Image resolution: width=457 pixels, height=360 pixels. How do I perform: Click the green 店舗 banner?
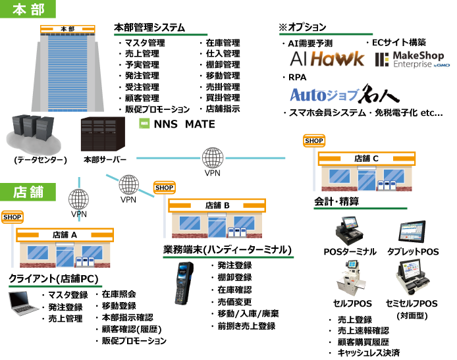coord(28,192)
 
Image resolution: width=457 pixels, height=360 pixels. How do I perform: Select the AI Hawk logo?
coord(326,59)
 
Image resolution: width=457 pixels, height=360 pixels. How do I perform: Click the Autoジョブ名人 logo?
coord(344,95)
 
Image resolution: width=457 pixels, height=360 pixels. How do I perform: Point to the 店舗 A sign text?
coord(65,234)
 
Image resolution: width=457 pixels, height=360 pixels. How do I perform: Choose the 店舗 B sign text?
coord(217,205)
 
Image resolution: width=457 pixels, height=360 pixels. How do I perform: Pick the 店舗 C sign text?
coord(366,158)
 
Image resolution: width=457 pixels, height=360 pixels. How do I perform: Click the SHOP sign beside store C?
coord(314,141)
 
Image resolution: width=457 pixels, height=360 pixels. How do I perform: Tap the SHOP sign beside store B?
coord(164,188)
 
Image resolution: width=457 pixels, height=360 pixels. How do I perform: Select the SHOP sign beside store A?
coord(12,217)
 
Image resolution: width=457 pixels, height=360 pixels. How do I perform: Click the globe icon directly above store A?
coord(78,199)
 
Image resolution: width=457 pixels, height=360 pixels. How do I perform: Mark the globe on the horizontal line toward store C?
coord(213,158)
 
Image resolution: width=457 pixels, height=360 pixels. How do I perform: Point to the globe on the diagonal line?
coord(129,184)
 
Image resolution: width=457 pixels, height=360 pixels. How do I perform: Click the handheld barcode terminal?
coord(184,283)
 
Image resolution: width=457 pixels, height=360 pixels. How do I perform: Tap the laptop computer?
coord(24,301)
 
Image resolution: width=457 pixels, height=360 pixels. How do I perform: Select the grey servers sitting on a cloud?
coord(34,134)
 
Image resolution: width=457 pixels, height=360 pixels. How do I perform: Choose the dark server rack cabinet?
coord(102,134)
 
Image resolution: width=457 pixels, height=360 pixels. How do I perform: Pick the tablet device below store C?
coord(412,232)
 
